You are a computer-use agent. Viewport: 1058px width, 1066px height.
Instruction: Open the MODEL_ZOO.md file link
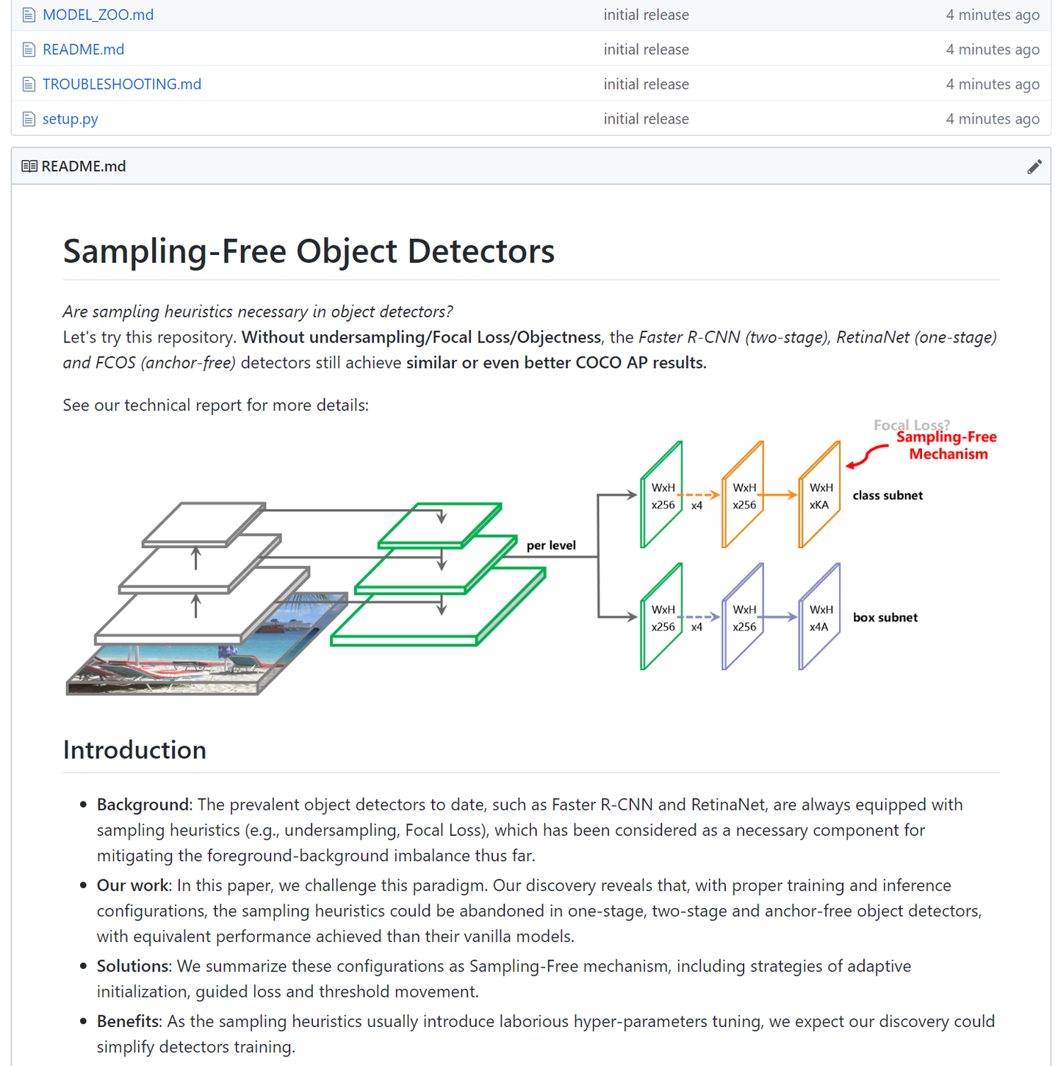click(x=98, y=15)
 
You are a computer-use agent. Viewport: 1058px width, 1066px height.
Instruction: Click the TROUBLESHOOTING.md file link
click(x=121, y=84)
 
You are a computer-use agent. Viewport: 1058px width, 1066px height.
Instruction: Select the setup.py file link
click(x=70, y=118)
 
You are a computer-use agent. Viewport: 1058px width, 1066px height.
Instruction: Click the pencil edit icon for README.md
click(x=1034, y=167)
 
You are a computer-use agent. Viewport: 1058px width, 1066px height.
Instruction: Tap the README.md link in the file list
click(x=83, y=49)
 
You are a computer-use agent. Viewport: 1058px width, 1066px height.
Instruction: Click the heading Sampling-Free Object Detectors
click(x=309, y=251)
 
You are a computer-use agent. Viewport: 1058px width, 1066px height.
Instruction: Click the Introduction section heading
click(x=134, y=749)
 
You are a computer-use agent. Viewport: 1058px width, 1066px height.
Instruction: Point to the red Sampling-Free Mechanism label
click(x=947, y=445)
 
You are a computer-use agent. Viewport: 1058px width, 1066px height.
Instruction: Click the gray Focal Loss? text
click(x=911, y=425)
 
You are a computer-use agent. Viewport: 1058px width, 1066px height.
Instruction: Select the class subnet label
click(x=888, y=495)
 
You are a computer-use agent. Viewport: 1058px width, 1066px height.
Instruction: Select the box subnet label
click(x=885, y=617)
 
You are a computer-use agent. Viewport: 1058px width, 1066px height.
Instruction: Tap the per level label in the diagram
click(x=551, y=545)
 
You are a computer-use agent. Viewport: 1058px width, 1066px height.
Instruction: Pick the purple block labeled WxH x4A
click(x=820, y=618)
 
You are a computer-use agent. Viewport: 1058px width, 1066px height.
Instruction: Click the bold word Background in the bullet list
click(x=143, y=804)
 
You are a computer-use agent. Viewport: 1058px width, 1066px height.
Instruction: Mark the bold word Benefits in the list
click(x=128, y=1021)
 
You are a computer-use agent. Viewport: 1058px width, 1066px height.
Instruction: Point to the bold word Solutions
click(x=132, y=966)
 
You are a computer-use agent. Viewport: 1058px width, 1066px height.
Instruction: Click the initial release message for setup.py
click(x=646, y=118)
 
